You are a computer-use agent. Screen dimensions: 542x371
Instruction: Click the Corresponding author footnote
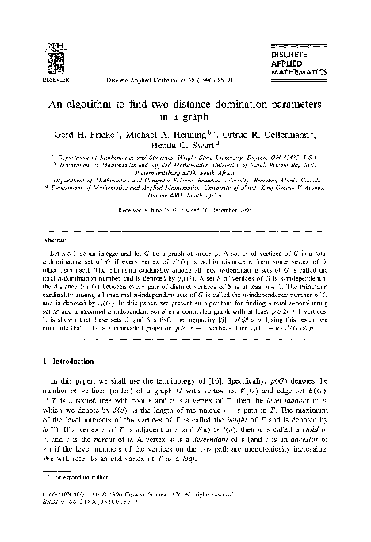pos(74,501)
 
